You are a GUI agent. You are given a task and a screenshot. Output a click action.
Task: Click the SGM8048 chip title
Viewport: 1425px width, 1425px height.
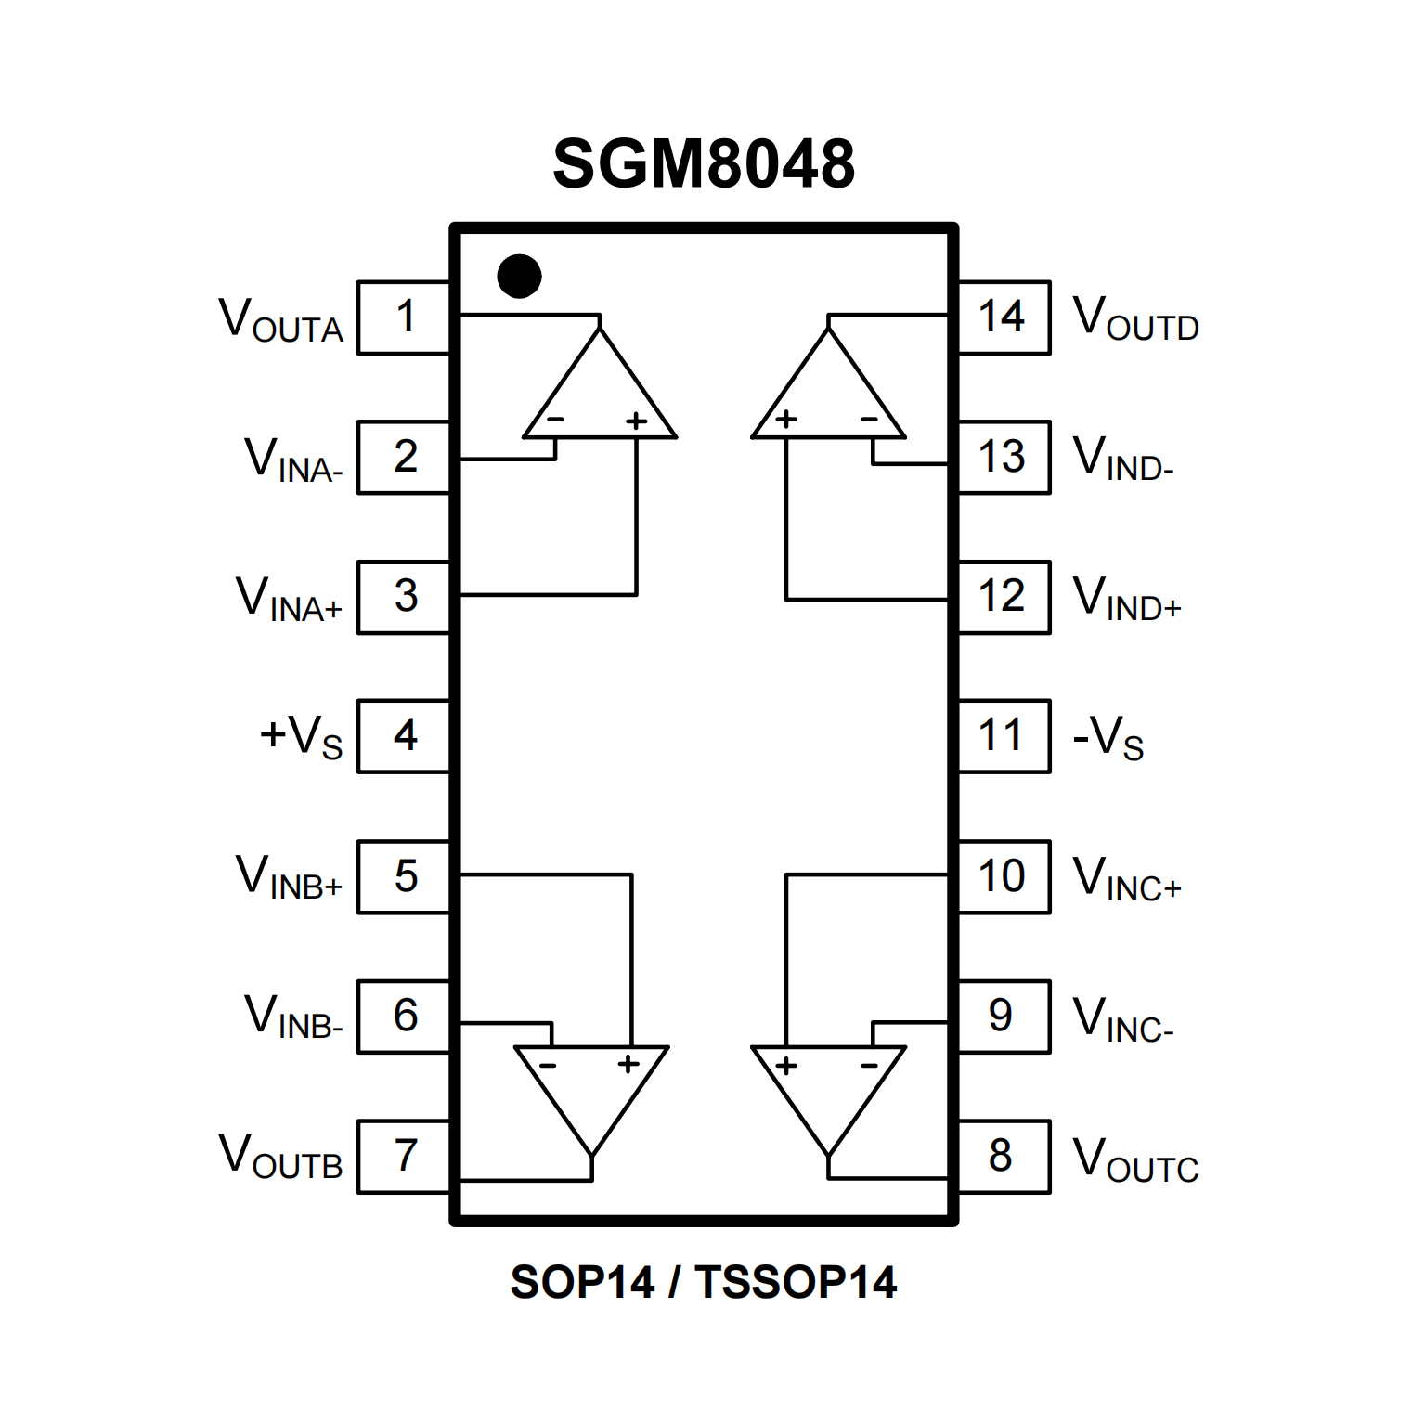(703, 164)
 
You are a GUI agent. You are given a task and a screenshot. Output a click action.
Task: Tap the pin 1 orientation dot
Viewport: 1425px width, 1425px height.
(519, 276)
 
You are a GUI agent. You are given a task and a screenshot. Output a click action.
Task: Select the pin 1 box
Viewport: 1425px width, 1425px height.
(405, 317)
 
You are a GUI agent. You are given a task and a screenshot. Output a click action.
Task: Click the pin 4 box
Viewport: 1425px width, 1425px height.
(405, 736)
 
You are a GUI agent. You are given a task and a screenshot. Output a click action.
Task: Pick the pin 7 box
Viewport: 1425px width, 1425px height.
(405, 1156)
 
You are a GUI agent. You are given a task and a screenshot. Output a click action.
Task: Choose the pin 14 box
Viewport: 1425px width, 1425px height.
(1003, 317)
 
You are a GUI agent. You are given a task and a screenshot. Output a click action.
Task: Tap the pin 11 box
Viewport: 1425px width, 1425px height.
(1003, 736)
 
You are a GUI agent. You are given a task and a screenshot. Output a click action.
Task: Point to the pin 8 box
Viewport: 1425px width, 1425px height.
(1003, 1156)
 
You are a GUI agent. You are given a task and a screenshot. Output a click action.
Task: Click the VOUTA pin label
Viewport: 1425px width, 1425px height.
(280, 320)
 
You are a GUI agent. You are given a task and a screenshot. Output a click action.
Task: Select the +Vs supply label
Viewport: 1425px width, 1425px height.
(301, 738)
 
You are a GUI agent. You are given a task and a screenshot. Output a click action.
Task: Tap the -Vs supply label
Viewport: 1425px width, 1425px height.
(1108, 738)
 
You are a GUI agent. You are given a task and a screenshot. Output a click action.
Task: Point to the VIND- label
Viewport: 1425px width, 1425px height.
(1122, 460)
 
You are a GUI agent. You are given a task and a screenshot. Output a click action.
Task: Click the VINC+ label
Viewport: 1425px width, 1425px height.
(1126, 879)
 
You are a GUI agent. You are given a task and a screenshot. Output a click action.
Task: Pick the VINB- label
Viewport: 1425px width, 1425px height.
(293, 1017)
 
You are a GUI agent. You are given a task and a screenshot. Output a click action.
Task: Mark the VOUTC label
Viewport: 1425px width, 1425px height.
(1135, 1160)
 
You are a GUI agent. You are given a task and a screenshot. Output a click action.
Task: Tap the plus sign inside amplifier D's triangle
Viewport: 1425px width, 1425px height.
(786, 420)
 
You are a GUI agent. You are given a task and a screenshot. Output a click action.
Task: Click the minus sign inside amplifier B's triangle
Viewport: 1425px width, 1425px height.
(548, 1065)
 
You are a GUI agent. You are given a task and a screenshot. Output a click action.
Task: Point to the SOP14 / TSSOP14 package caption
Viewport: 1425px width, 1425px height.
(703, 1282)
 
